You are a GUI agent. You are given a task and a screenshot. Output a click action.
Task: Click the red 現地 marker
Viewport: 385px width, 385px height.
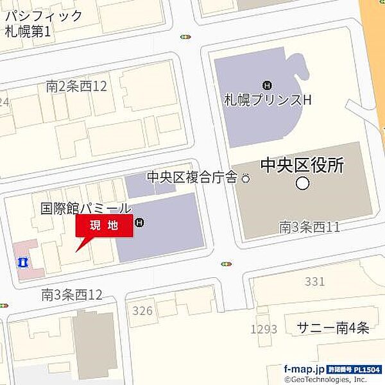105,226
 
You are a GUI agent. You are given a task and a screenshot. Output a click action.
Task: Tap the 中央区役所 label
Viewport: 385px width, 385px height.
302,166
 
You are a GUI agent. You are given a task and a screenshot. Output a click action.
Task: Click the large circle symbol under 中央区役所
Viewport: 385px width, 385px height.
302,184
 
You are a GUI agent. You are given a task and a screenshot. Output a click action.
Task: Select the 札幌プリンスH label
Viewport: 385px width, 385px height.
268,101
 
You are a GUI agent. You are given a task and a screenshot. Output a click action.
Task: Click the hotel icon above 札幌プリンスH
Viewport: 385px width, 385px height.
267,85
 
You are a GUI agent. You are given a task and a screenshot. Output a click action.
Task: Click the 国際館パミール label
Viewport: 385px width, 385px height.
85,208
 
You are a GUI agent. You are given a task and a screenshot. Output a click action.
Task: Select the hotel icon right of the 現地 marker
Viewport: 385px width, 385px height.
141,223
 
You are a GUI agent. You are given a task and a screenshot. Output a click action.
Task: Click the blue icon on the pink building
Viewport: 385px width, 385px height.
22,262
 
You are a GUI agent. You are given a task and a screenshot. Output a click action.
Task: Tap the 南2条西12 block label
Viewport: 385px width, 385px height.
76,85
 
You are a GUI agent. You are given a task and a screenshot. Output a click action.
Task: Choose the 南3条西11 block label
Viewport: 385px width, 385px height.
309,226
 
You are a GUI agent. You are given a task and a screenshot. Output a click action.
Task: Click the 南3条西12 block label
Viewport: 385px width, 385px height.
72,295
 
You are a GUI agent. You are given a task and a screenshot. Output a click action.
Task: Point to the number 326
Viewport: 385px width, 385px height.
142,311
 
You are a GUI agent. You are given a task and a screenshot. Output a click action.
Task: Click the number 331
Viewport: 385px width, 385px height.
316,281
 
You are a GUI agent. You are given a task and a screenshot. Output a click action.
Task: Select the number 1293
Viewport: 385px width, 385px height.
264,329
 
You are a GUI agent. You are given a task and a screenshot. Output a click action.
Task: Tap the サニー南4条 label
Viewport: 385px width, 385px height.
332,328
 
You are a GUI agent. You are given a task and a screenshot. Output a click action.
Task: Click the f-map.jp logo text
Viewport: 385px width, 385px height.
305,369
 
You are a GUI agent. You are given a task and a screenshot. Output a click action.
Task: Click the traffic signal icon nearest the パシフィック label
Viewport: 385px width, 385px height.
185,37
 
